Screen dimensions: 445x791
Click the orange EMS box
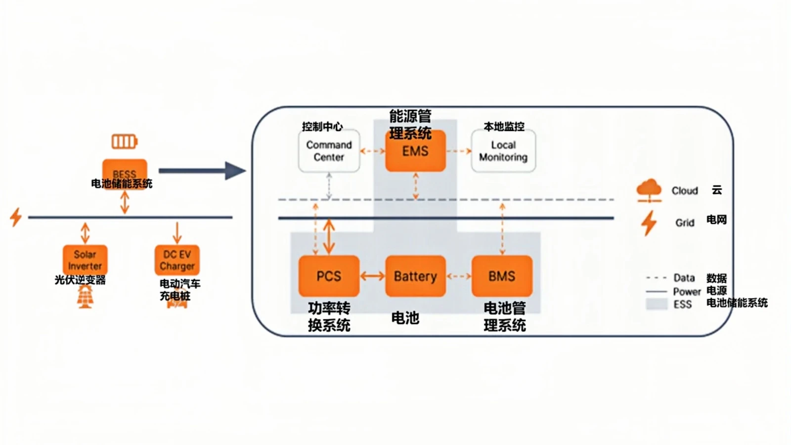coord(415,151)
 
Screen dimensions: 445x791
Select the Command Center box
coord(329,151)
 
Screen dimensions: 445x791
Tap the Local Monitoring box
coord(503,151)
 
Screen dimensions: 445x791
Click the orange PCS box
coord(329,276)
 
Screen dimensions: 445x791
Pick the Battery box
coord(415,276)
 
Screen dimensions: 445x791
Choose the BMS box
coord(502,276)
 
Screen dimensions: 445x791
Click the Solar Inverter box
coord(85,259)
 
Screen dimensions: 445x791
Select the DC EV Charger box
coord(177,260)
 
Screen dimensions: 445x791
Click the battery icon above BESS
coord(124,142)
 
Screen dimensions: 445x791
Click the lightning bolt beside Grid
coord(649,223)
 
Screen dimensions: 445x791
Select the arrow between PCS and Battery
coord(372,276)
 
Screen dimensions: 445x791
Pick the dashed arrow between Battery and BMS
coord(459,276)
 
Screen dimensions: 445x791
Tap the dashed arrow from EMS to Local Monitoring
coord(459,151)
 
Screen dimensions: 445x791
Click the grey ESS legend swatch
coord(657,304)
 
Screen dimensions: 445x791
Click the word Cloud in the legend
coord(685,191)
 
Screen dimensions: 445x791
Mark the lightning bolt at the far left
coord(16,217)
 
